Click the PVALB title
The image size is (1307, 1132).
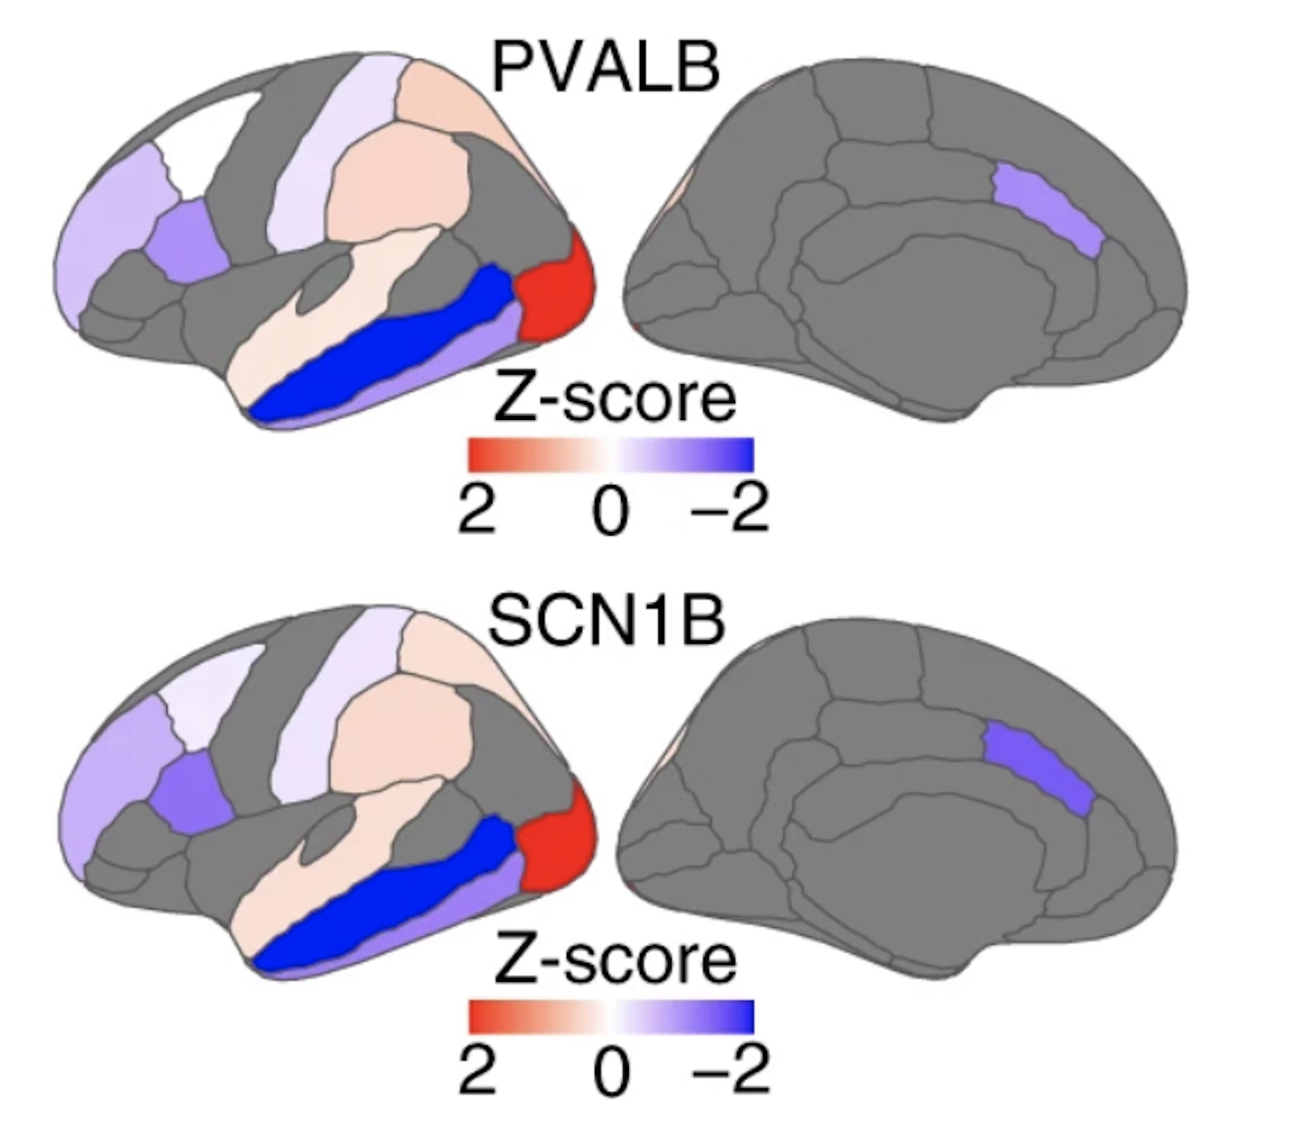(605, 67)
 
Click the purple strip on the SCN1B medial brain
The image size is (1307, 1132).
(1040, 766)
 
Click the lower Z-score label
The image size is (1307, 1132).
(614, 960)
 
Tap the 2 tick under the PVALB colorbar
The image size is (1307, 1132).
(476, 508)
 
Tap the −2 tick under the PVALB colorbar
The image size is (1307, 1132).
(729, 508)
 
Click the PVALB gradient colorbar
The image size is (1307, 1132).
(610, 455)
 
